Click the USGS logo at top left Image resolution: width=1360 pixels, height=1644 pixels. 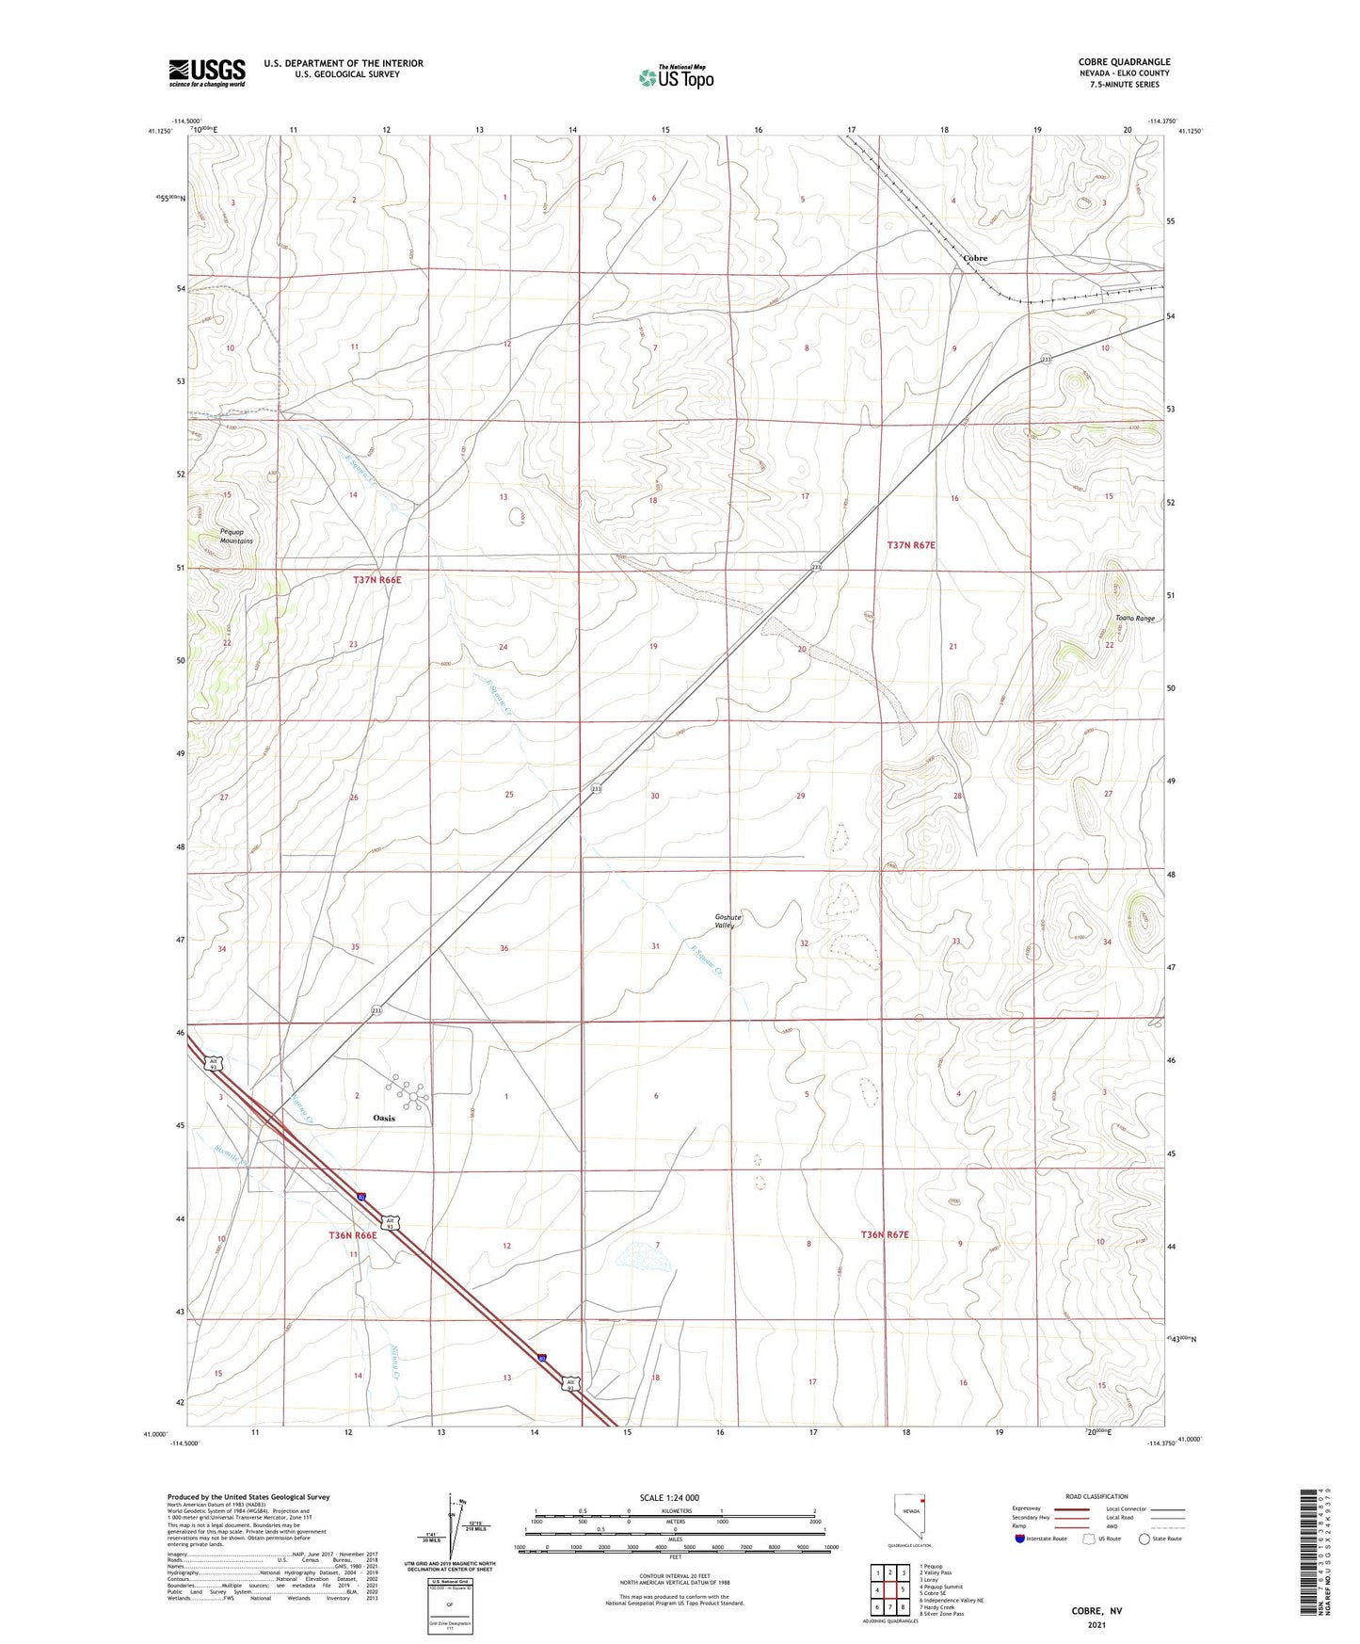[x=207, y=73]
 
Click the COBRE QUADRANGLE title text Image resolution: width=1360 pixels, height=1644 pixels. [x=1126, y=62]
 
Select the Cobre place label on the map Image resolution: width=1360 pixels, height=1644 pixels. [x=975, y=258]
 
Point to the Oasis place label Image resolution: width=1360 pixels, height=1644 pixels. [x=383, y=1118]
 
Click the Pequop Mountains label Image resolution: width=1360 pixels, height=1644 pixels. [x=236, y=537]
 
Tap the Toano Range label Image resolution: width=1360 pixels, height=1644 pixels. [x=1134, y=619]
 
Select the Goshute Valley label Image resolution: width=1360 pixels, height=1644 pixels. [x=728, y=921]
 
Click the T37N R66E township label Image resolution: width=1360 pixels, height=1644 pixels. [x=376, y=580]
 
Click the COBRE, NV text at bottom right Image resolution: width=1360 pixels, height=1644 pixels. [x=1096, y=1611]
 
